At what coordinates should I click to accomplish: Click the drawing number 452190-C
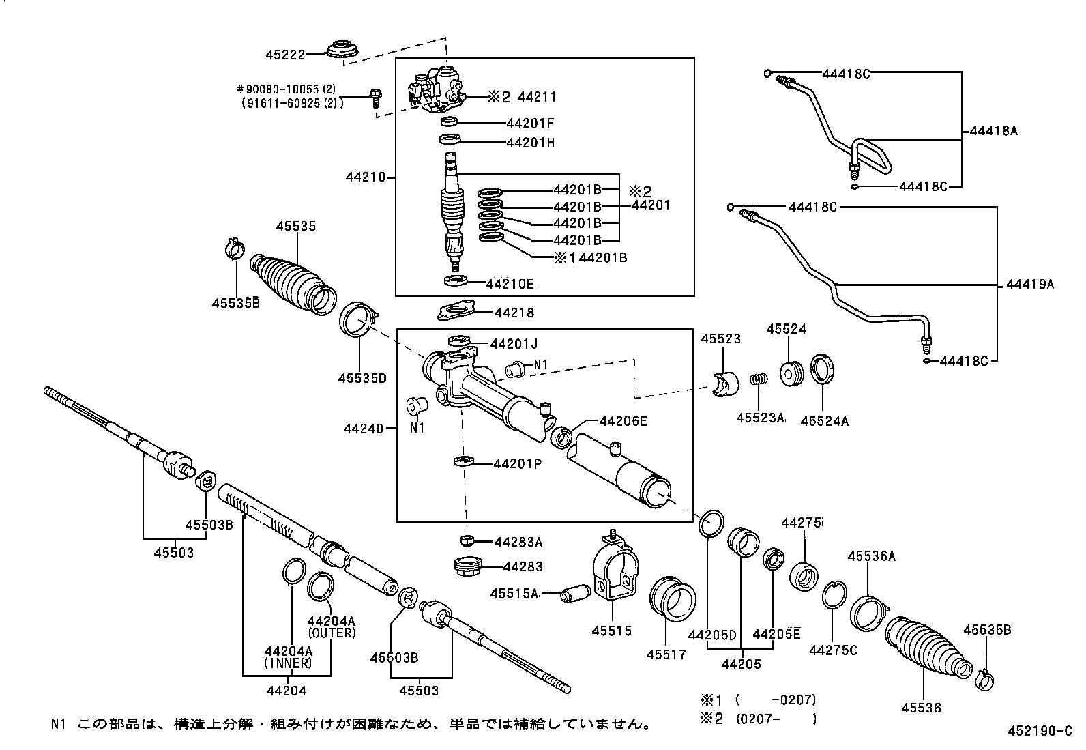(1040, 732)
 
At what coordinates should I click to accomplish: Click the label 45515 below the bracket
(611, 631)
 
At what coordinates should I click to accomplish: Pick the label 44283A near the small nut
(518, 542)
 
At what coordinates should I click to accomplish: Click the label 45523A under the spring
(760, 418)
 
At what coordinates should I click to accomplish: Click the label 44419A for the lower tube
(1029, 284)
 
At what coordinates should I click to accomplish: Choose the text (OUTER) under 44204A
(332, 633)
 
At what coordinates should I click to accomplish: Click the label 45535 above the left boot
(295, 226)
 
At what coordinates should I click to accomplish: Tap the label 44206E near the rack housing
(622, 421)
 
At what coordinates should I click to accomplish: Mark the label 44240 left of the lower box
(364, 429)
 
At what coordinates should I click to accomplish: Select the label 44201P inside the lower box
(517, 464)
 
